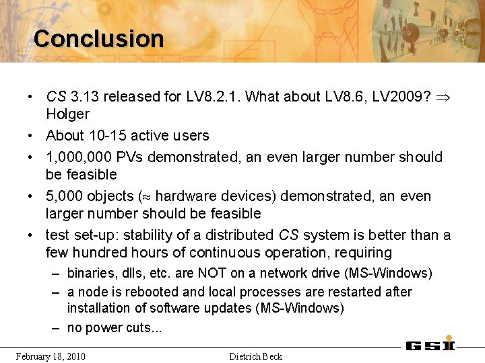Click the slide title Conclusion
(98, 38)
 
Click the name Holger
(67, 114)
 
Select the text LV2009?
(403, 96)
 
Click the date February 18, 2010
(51, 356)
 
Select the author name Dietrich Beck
(255, 356)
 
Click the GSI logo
(430, 346)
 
